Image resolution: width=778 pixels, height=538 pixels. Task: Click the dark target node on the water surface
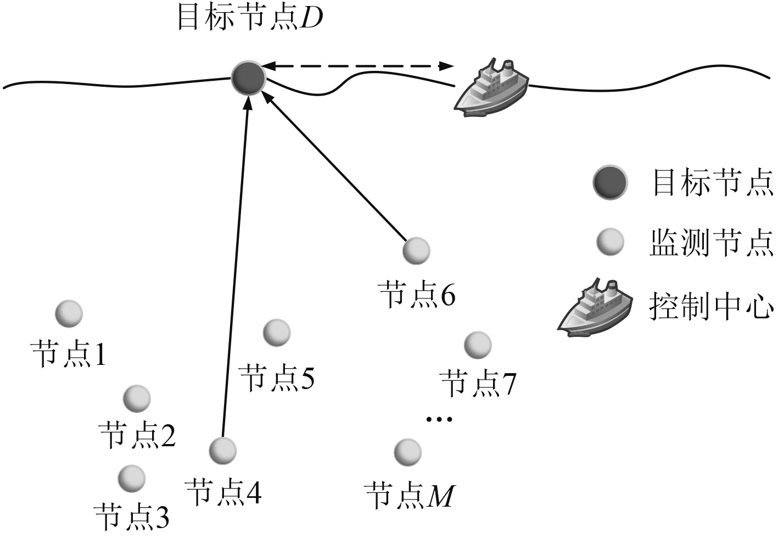[x=248, y=78]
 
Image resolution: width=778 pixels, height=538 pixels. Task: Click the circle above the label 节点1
[x=69, y=314]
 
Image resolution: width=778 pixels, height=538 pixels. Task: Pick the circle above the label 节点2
[x=136, y=398]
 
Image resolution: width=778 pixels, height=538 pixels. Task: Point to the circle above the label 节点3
[x=132, y=478]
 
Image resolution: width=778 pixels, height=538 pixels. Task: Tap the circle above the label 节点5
[x=277, y=332]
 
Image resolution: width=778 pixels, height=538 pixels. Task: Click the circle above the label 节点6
[x=416, y=251]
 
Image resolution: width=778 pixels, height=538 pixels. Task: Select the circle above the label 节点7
[x=478, y=345]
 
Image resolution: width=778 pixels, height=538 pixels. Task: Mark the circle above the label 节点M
[x=408, y=452]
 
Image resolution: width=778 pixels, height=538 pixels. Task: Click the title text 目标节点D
[x=250, y=18]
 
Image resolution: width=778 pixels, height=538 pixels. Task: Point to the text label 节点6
[x=417, y=296]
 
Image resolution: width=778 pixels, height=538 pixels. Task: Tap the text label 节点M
[x=410, y=496]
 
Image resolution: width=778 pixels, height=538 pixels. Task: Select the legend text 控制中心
[x=711, y=306]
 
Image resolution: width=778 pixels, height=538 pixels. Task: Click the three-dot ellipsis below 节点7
[x=440, y=420]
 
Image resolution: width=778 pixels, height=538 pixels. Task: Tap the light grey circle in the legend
[x=610, y=242]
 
